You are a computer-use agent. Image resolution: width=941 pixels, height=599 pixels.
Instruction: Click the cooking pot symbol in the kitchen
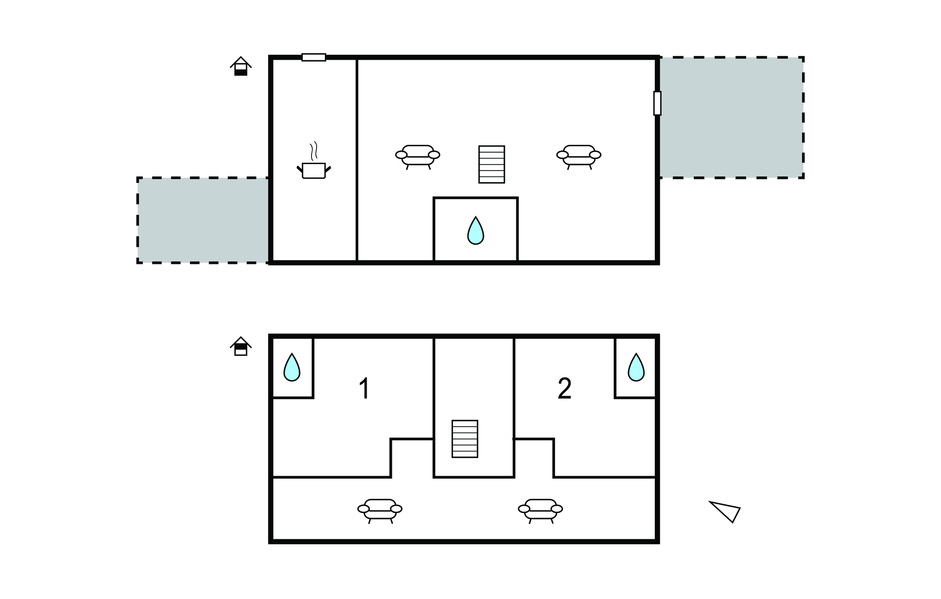314,170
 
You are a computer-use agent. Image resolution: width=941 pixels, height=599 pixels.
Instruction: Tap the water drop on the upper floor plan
476,230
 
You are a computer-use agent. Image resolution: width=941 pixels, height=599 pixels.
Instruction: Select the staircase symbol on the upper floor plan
492,165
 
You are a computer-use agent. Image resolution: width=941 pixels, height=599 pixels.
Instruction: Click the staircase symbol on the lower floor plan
465,439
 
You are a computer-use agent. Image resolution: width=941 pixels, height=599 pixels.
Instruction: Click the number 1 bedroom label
364,388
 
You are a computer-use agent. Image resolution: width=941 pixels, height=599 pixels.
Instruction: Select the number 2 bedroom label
564,388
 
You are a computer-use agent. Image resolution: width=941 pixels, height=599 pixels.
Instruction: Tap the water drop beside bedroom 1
292,367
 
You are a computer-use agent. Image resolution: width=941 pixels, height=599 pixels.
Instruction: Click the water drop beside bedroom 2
636,367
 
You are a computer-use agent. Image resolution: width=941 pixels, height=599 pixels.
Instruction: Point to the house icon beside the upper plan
241,66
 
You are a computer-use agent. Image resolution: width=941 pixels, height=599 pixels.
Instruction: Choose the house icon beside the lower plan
241,346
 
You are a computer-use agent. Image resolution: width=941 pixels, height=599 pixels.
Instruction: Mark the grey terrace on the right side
731,118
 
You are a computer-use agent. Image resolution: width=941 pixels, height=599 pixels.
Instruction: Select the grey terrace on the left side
203,220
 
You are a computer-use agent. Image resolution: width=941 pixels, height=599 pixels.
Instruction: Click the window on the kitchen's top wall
314,57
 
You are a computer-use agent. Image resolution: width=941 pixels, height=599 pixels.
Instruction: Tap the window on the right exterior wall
658,103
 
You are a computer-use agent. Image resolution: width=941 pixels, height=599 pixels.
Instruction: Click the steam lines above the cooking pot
314,150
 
